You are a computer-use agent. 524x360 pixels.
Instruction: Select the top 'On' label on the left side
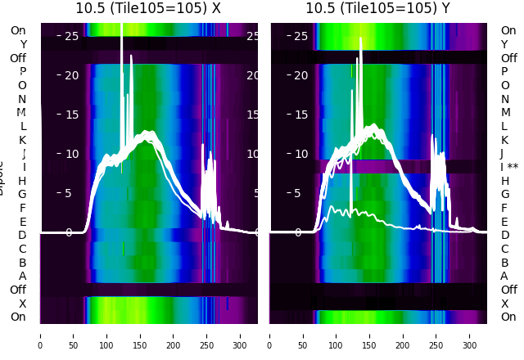18,30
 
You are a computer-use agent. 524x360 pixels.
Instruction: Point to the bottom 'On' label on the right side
508,317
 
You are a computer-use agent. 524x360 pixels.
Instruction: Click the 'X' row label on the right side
505,304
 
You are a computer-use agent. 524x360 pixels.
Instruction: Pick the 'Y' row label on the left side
23,44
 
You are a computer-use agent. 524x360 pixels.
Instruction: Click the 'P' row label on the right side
505,71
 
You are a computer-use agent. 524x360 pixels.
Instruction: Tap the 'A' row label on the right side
505,276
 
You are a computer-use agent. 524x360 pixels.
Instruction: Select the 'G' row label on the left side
22,194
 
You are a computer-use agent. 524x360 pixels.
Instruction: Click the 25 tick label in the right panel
301,36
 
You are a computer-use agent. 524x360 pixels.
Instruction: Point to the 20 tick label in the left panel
71,75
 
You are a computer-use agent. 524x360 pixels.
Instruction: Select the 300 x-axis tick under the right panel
470,335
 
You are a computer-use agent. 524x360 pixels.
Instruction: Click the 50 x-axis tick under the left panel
73,335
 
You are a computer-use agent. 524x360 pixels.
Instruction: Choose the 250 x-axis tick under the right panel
436,335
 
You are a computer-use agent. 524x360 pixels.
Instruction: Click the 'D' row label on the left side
22,235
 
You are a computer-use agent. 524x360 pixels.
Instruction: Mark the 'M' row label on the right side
506,112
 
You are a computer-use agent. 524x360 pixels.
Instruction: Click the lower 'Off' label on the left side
18,290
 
